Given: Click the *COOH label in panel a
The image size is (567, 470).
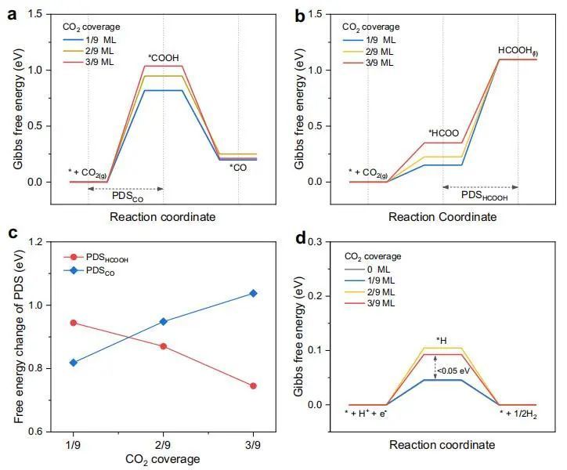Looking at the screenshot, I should [x=164, y=57].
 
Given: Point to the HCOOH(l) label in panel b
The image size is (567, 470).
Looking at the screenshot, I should [x=518, y=52].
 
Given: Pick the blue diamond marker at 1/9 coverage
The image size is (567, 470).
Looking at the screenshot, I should [x=74, y=363].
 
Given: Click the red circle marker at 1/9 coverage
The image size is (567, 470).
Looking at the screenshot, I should [x=74, y=322].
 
